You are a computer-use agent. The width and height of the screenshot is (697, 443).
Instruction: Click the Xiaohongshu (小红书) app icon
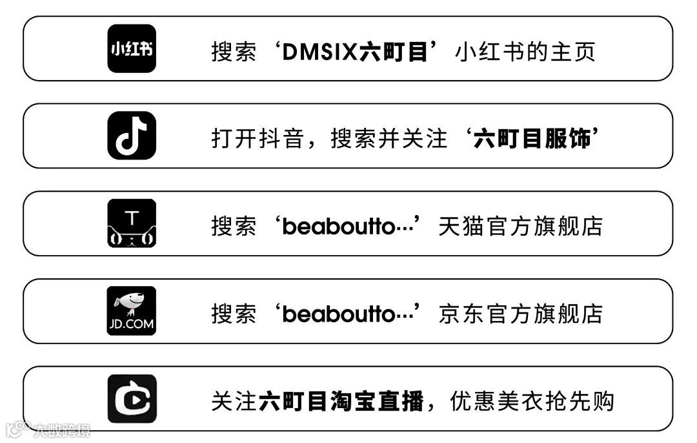point(132,48)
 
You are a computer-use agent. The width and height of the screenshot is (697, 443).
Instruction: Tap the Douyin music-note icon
point(132,136)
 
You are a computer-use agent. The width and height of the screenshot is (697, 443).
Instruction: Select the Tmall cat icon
point(132,223)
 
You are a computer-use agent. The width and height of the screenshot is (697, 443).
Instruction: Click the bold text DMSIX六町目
point(355,51)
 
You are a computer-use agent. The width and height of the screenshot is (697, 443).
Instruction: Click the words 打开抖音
point(257,138)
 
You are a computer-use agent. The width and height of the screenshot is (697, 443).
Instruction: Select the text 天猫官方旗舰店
point(520,226)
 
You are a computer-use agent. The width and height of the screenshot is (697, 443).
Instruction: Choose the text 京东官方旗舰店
point(520,314)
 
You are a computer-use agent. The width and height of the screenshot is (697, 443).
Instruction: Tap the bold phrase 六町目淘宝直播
point(341,402)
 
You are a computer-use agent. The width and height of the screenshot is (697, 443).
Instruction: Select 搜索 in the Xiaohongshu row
point(234,51)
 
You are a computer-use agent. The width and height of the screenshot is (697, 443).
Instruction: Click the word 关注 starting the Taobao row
point(234,402)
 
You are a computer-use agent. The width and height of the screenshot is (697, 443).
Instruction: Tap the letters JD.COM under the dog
point(132,324)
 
